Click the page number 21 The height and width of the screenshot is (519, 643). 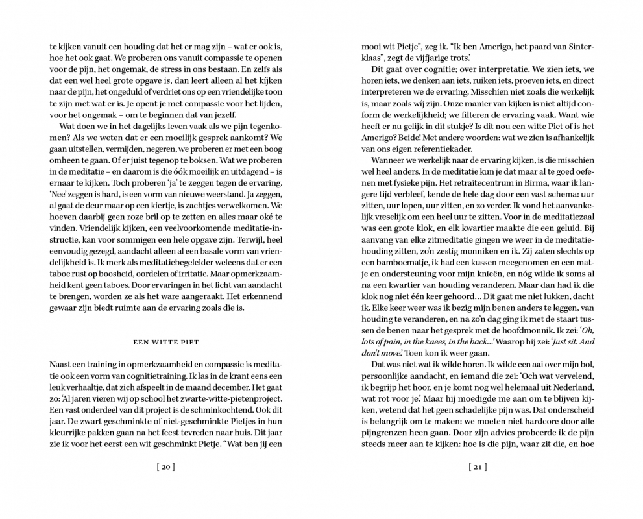coord(477,466)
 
